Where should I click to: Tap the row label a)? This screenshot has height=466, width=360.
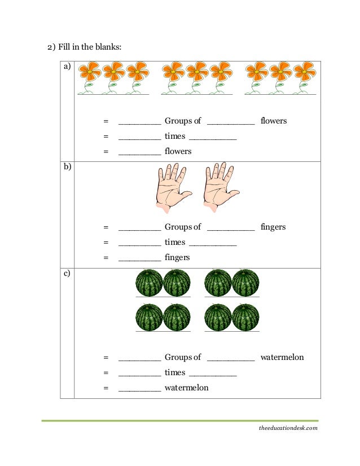point(67,67)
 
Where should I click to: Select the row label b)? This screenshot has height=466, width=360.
point(67,167)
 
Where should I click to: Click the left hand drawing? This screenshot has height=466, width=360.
point(172,188)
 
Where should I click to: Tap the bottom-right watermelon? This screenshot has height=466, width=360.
point(246,317)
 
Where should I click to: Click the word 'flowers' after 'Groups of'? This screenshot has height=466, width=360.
point(274,121)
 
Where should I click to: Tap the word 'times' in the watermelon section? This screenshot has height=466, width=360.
point(175,373)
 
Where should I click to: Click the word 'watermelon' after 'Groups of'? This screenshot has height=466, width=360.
point(282,358)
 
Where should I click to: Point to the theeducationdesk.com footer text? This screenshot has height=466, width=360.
point(288,428)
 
